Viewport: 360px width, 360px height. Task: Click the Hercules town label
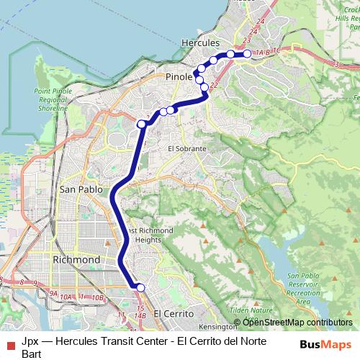201,42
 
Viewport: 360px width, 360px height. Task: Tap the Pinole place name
179,76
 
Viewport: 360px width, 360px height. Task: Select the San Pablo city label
78,189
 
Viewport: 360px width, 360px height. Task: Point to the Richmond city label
76,259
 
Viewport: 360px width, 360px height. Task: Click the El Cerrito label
174,314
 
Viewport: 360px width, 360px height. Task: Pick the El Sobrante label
186,148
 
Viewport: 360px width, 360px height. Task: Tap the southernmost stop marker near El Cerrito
140,287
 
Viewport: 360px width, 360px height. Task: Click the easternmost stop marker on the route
247,54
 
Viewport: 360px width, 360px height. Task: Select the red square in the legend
10,346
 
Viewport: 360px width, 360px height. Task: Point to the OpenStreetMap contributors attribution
292,323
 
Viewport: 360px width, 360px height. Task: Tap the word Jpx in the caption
30,341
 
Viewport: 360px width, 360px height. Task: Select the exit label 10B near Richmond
98,297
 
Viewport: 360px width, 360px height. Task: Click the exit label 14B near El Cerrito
140,315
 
